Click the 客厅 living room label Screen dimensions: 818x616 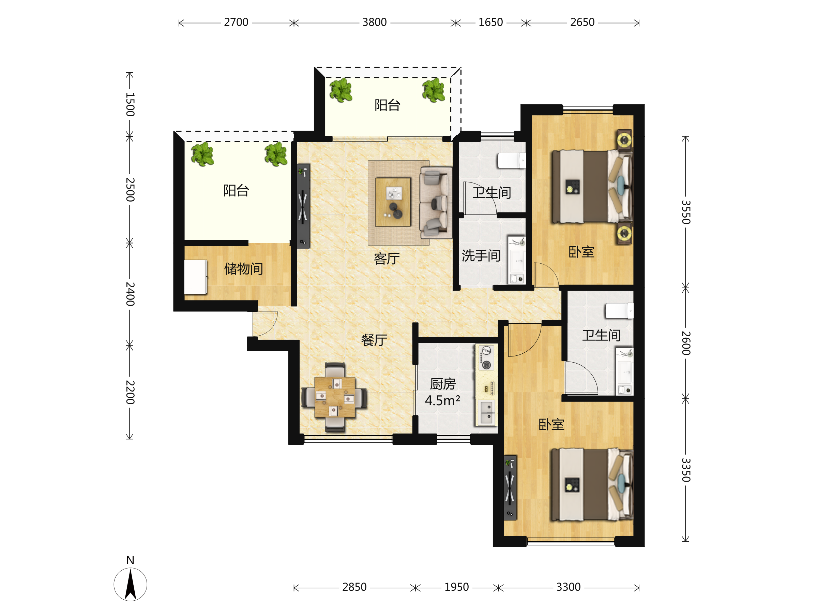tap(387, 259)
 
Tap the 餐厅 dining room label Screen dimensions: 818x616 tap(374, 340)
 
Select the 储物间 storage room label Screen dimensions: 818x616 tap(243, 268)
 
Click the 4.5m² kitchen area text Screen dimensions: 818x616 tap(442, 400)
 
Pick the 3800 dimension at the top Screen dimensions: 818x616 tap(374, 22)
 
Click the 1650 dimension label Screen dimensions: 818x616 tap(490, 22)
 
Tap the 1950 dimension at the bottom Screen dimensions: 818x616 tap(456, 587)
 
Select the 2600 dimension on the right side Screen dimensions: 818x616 tap(686, 343)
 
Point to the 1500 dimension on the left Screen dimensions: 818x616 tap(130, 104)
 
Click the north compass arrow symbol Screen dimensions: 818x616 tap(130, 585)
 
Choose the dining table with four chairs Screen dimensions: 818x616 tap(334, 397)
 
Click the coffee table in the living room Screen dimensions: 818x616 tap(393, 202)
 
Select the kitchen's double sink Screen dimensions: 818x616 tap(486, 412)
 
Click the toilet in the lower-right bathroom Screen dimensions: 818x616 tap(619, 311)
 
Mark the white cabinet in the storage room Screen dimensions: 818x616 tap(195, 277)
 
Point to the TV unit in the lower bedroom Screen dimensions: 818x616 tap(510, 488)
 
